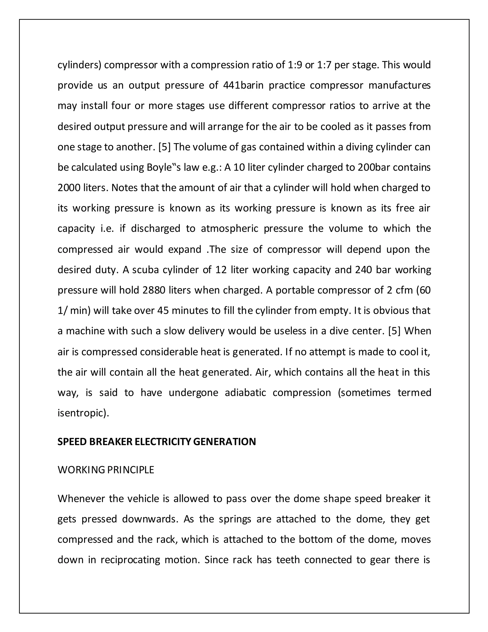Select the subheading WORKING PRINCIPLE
point(106,470)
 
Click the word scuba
point(145,270)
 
